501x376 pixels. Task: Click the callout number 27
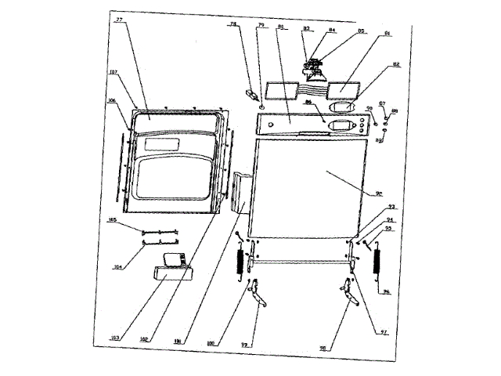(120, 20)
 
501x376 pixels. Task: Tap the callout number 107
(114, 73)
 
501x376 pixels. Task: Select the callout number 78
(233, 25)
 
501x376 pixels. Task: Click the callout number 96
(385, 291)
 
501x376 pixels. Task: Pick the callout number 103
(116, 337)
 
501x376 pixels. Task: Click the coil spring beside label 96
(376, 261)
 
